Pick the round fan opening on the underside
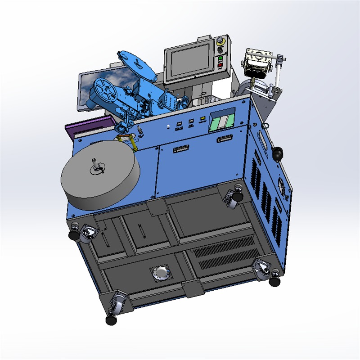161,273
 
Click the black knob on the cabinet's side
279,153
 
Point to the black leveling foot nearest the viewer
111,319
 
